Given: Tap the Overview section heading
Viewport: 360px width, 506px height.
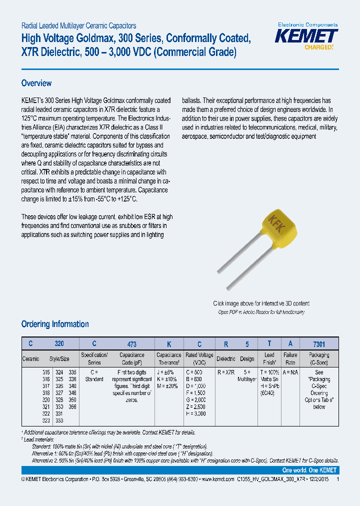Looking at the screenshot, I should (x=36, y=83).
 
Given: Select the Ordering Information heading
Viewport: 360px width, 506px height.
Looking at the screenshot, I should (x=55, y=324).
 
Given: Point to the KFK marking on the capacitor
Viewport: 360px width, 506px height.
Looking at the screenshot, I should (x=276, y=222).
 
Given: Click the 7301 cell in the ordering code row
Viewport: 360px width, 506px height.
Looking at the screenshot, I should (x=319, y=344).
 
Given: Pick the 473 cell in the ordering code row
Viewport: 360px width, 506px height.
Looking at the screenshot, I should (x=131, y=344).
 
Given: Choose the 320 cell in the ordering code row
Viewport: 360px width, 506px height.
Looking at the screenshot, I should (x=59, y=344).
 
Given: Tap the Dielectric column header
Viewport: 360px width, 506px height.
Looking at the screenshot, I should (x=225, y=358).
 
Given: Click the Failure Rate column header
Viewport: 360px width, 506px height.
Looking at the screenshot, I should (x=290, y=358).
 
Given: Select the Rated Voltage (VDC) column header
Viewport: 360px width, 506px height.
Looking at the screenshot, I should (x=199, y=358).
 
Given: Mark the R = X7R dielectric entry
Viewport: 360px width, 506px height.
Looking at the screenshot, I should (x=225, y=372).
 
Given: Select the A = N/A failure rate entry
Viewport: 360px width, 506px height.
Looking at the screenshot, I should (x=290, y=372).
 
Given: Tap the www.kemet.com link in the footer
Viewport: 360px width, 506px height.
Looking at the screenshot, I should (x=217, y=478).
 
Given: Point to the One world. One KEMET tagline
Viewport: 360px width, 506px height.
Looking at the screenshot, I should (x=309, y=470).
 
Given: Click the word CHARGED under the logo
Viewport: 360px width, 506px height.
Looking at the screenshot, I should (x=318, y=47).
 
